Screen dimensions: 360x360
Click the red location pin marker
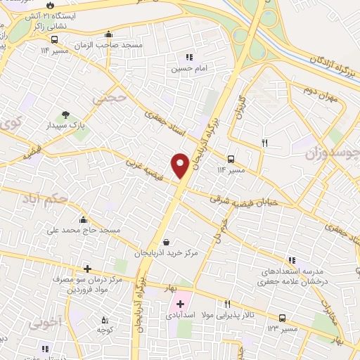coord(180,164)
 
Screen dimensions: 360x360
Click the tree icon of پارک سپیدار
coord(65,115)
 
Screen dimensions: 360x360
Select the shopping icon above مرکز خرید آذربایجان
coord(165,243)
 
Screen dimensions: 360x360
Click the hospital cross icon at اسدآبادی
coord(180,304)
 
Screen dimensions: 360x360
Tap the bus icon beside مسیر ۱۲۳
coord(282,318)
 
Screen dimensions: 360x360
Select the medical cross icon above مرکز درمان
coord(87,269)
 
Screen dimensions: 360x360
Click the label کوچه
coord(105,330)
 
